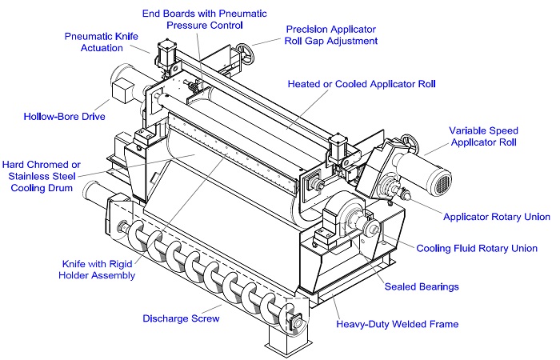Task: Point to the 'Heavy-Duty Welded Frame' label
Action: [397, 324]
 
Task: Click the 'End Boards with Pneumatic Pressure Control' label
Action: [204, 19]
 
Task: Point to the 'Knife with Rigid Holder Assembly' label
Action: [99, 269]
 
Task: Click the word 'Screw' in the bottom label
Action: [203, 318]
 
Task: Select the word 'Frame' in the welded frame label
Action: [442, 324]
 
